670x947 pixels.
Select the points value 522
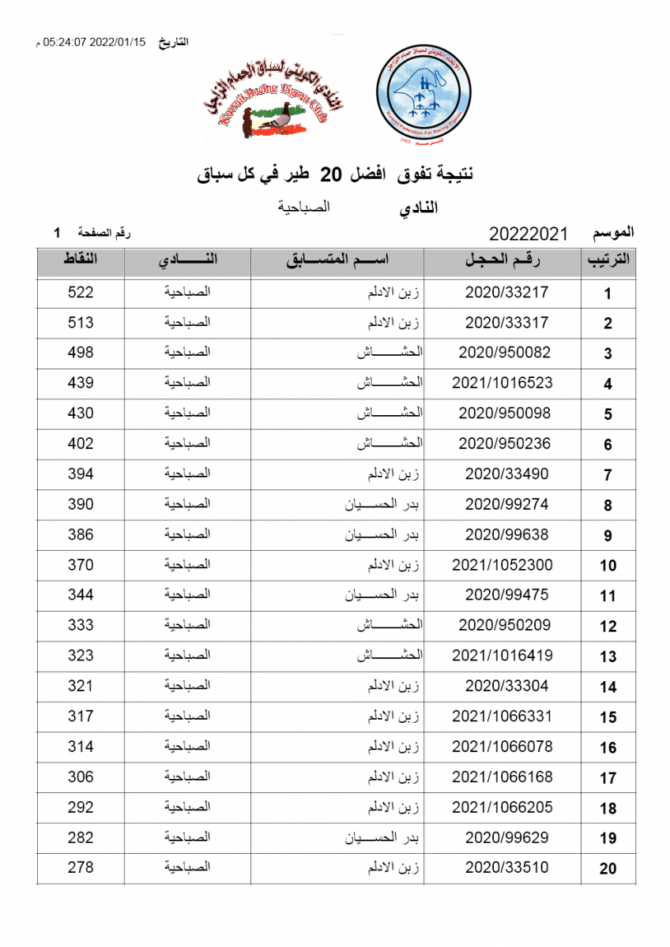pyautogui.click(x=81, y=292)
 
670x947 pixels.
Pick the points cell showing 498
pyautogui.click(x=81, y=353)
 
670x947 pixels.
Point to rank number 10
pyautogui.click(x=608, y=566)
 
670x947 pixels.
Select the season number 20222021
pyautogui.click(x=529, y=234)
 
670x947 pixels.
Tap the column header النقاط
pyautogui.click(x=81, y=260)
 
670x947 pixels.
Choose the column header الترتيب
pyautogui.click(x=608, y=261)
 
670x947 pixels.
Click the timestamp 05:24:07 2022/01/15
pyautogui.click(x=95, y=43)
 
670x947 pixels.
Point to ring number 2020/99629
pyautogui.click(x=506, y=837)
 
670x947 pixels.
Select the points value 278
pyautogui.click(x=81, y=867)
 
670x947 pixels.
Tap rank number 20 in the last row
pyautogui.click(x=608, y=869)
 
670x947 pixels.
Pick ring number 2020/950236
pyautogui.click(x=504, y=444)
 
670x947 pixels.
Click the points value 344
pyautogui.click(x=81, y=595)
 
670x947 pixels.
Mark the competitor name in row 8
pyautogui.click(x=381, y=504)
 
